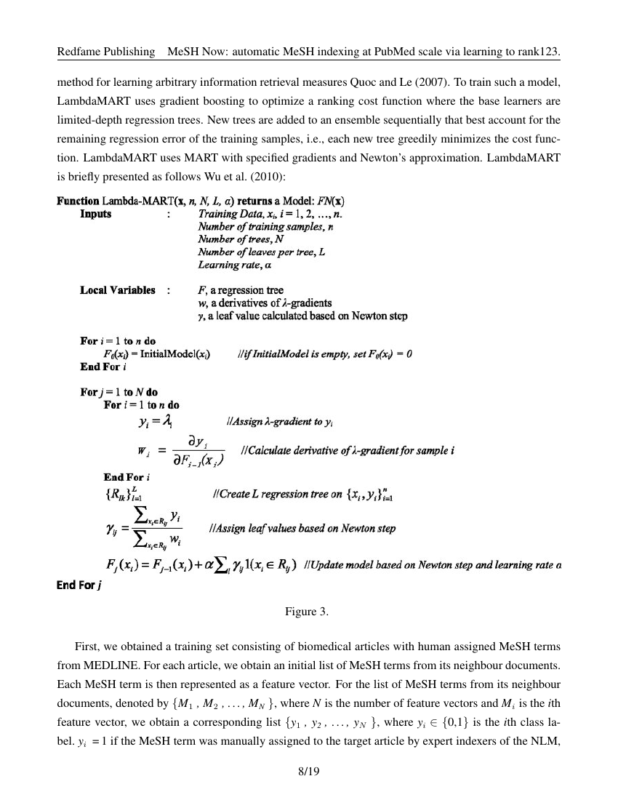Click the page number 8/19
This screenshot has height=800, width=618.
[x=309, y=772]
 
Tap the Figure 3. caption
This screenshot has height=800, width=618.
[x=309, y=611]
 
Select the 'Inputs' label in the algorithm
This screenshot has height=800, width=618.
[x=96, y=214]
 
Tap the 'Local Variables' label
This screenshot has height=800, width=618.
[x=117, y=290]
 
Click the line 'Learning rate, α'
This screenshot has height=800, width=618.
[x=229, y=265]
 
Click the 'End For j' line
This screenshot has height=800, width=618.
[x=79, y=584]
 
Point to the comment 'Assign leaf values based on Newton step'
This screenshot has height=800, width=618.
[x=302, y=528]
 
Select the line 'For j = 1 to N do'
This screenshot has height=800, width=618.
[x=119, y=393]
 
